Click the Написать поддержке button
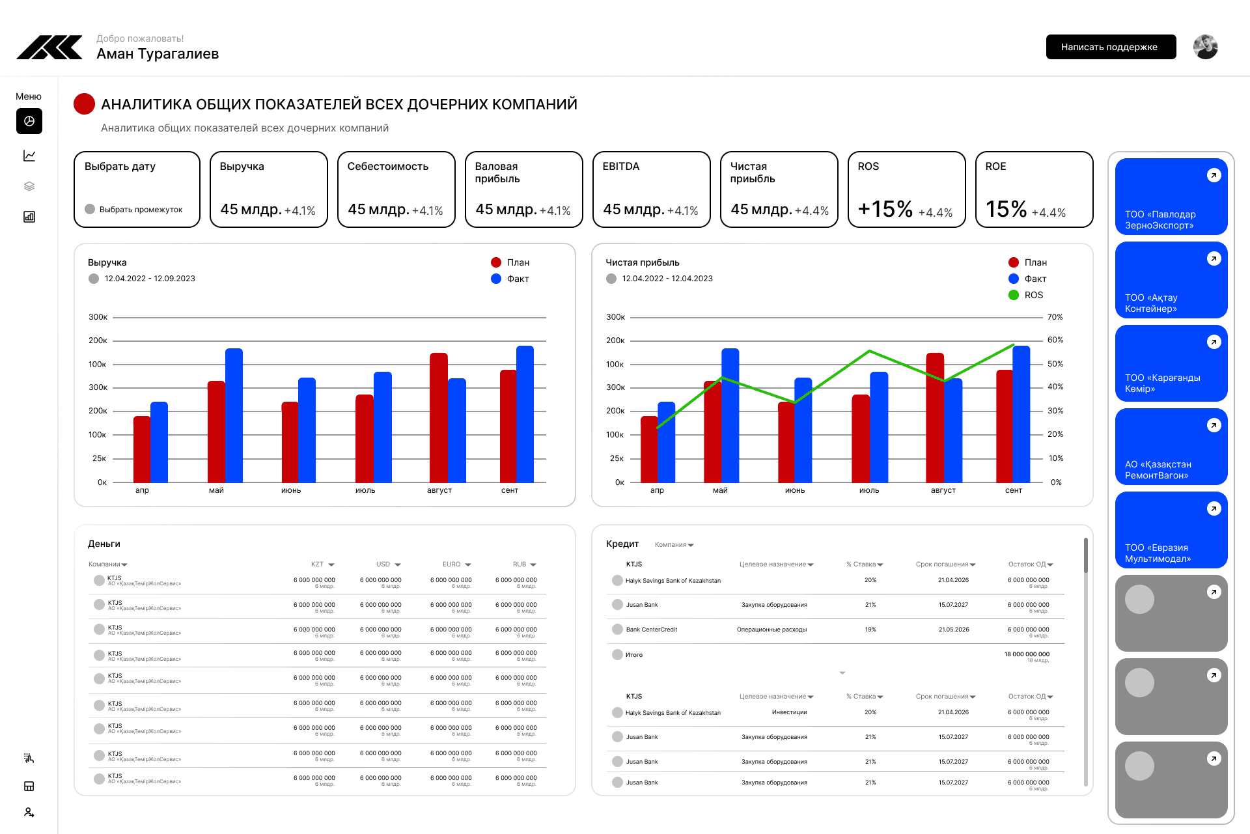1111,47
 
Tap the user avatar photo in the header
1205,47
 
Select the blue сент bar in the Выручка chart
525,414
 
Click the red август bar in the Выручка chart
439,417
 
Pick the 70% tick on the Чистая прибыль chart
1055,317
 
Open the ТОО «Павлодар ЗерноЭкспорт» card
1171,197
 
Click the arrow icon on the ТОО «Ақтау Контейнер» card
1214,258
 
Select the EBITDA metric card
651,189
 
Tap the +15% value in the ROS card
885,209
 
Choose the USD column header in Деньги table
383,564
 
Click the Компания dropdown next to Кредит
674,545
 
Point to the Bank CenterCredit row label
651,630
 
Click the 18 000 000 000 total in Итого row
1026,654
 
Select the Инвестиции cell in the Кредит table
789,712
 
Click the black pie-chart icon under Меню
29,121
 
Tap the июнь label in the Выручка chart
291,490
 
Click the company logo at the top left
49,48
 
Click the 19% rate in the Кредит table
870,630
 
